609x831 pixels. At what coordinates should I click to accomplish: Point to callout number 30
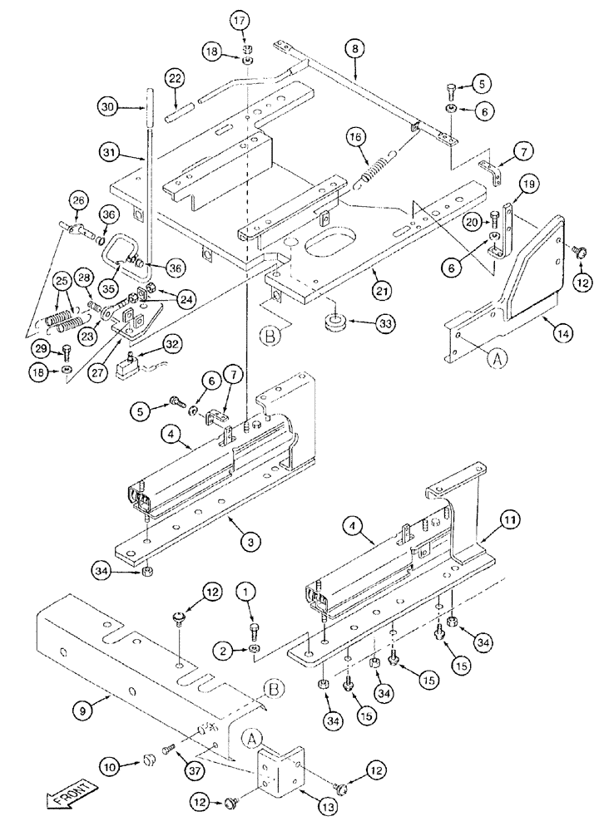(109, 107)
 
